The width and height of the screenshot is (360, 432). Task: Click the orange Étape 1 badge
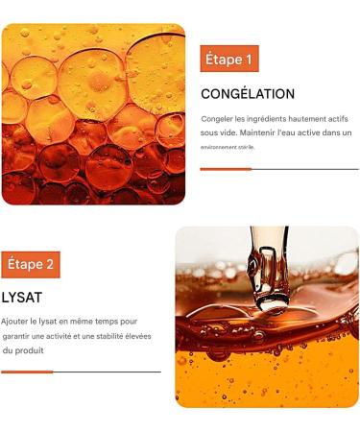229,60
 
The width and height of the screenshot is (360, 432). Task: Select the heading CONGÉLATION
247,94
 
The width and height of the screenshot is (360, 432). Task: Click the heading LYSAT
21,299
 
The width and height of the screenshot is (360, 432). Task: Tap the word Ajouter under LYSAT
16,323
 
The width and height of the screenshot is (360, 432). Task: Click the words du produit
22,350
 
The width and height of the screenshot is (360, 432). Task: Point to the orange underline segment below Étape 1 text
226,169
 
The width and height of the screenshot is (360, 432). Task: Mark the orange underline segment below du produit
28,372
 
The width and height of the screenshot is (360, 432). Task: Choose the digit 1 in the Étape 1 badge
251,60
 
